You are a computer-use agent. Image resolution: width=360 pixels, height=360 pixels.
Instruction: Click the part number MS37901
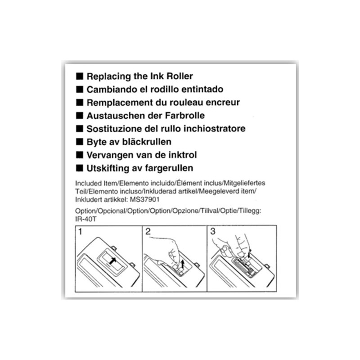[144, 199]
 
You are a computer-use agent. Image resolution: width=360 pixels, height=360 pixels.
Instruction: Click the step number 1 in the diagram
[80, 232]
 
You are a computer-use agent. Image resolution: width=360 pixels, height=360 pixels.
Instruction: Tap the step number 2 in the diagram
[148, 231]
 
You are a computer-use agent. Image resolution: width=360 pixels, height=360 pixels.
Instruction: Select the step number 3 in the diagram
[213, 231]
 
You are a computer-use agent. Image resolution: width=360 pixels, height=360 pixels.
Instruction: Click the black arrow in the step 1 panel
[112, 261]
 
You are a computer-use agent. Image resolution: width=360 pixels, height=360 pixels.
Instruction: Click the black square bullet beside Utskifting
[80, 168]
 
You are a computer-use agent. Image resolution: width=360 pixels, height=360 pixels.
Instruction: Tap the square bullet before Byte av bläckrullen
[80, 142]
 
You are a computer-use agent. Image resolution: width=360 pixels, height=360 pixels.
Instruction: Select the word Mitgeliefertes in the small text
[244, 183]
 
